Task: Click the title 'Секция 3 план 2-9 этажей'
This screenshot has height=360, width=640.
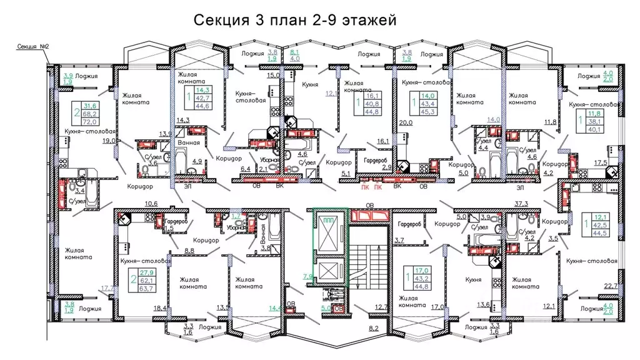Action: pos(295,21)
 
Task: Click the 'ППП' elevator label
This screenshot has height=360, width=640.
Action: pos(329,221)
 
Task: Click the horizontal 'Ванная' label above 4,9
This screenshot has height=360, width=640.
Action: pos(188,142)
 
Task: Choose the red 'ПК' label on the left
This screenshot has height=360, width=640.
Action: pos(364,186)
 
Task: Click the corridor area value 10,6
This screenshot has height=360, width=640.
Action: pos(151,203)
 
